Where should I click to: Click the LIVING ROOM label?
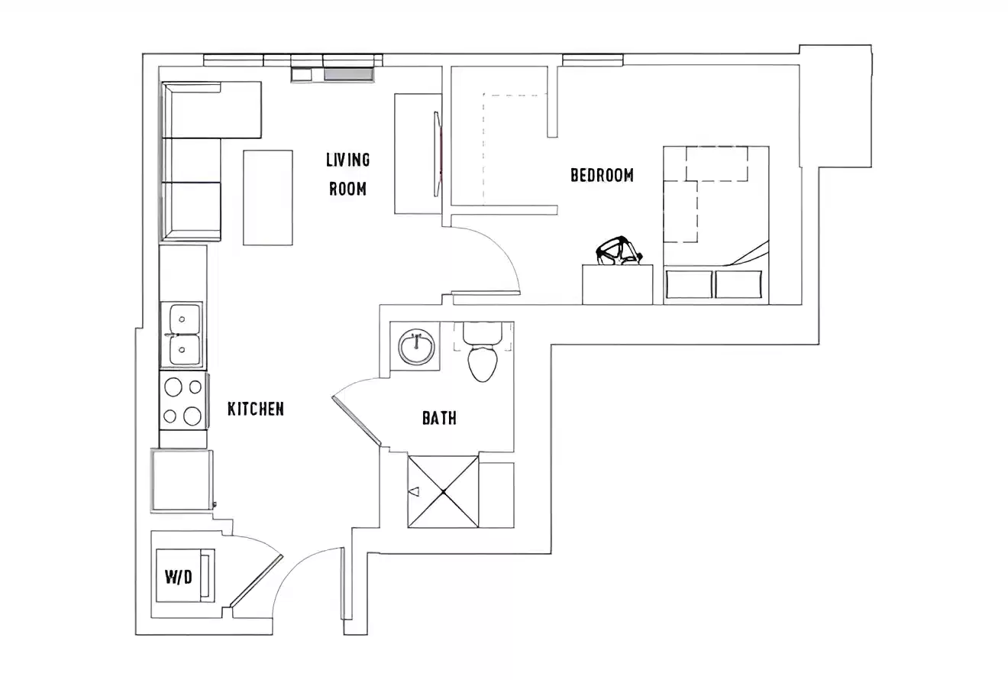[x=347, y=173]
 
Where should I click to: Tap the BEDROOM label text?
[x=602, y=176]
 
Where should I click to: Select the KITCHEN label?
[x=256, y=409]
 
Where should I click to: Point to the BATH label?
[x=439, y=418]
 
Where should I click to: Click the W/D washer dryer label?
[x=179, y=577]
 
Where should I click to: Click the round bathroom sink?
[x=416, y=348]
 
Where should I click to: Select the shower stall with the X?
[x=444, y=491]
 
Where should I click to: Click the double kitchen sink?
[x=182, y=334]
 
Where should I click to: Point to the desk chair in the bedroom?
[x=619, y=251]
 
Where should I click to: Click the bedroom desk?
[x=617, y=284]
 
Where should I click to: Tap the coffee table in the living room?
[x=267, y=197]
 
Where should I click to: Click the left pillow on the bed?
[x=689, y=283]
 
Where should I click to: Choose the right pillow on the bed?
[x=738, y=283]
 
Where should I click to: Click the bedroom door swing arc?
[x=504, y=252]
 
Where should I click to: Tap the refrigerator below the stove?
[x=182, y=480]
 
